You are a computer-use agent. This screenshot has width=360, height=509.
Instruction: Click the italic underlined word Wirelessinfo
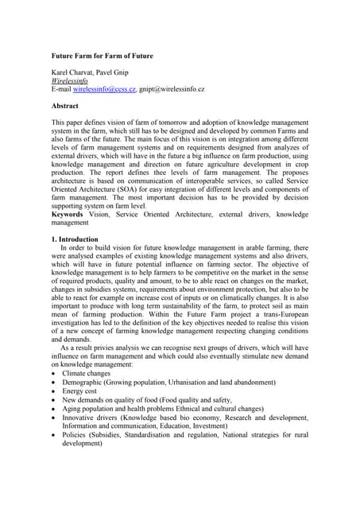point(69,81)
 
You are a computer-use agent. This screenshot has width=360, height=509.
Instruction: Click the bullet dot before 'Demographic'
point(53,383)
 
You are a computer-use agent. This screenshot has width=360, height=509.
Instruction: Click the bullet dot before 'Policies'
point(53,435)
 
